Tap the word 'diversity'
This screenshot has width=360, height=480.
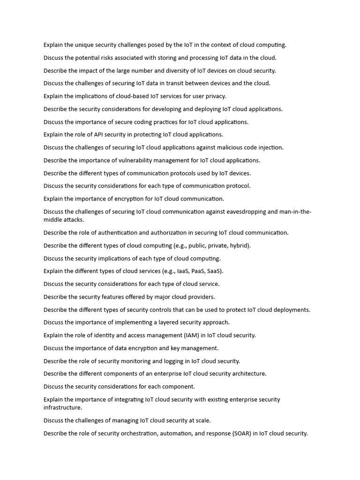[x=182, y=71]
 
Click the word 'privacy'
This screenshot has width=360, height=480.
[x=214, y=96]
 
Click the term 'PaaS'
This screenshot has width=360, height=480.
[x=198, y=271]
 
